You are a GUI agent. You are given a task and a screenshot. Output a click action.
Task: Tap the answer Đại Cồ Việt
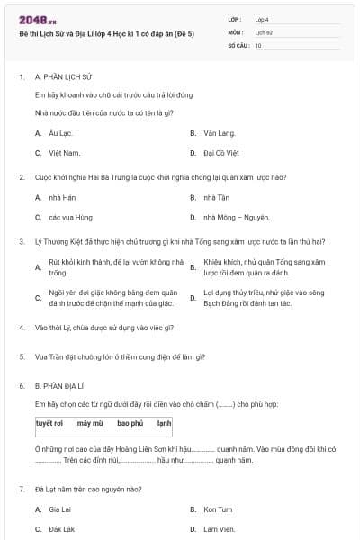pos(220,153)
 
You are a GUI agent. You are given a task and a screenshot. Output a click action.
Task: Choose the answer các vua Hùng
pos(66,217)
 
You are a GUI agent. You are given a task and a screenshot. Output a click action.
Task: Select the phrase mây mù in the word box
pos(90,422)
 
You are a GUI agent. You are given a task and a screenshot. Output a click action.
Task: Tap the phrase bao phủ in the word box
pos(130,422)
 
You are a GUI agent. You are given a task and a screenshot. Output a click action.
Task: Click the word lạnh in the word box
pos(164,422)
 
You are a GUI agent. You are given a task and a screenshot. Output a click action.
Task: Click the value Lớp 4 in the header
pos(262,19)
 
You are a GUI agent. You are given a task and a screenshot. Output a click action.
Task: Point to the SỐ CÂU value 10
pos(258,45)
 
